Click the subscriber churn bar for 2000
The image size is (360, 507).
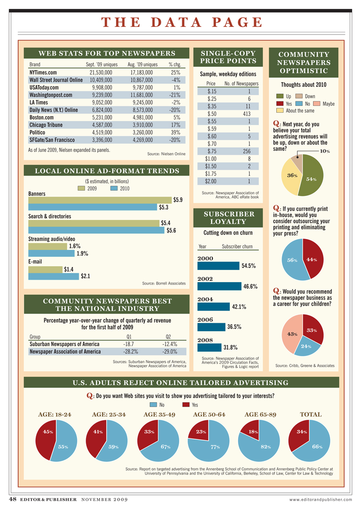point(217,266)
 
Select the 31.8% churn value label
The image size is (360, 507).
point(230,347)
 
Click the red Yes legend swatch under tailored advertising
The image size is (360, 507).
point(186,405)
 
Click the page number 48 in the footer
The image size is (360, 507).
point(12,499)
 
